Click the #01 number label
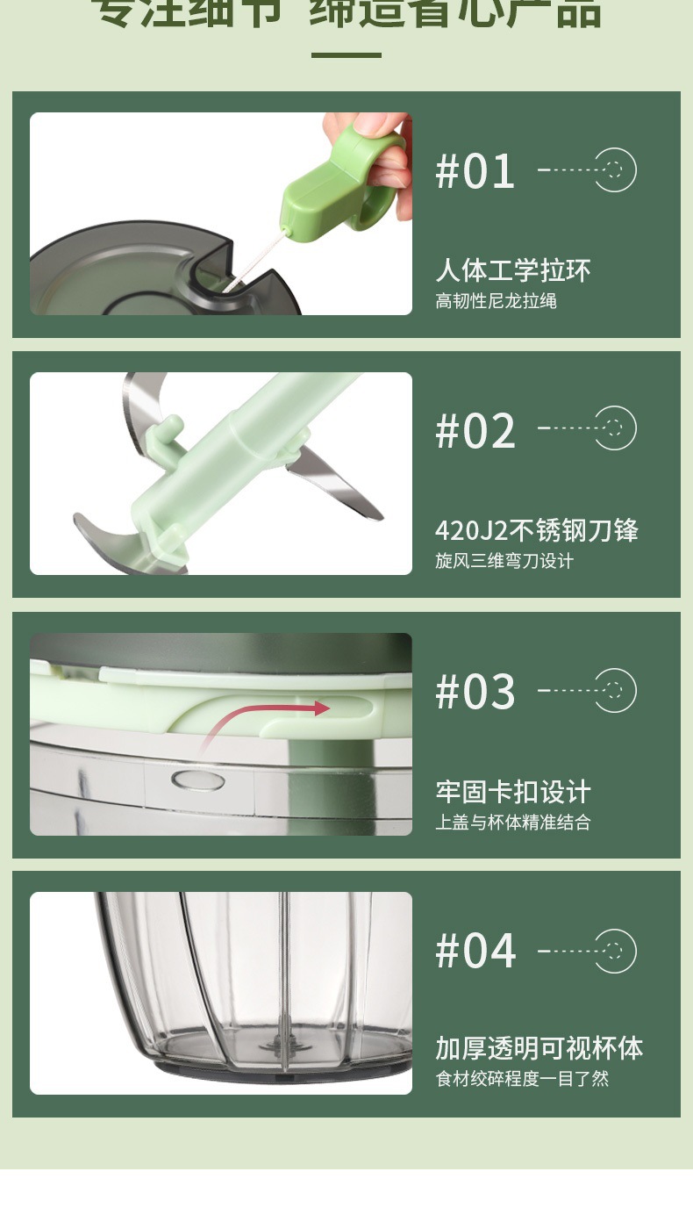tap(475, 171)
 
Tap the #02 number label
tap(475, 430)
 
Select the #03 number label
tap(475, 692)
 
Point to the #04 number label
tap(475, 951)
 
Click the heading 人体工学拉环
tap(513, 270)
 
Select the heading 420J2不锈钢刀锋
tap(536, 530)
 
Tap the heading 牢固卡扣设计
tap(513, 792)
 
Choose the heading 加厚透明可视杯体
tap(539, 1048)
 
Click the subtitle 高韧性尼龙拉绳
tap(496, 301)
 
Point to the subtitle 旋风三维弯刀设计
tap(504, 561)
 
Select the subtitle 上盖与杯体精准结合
tap(512, 823)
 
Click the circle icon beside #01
tap(615, 170)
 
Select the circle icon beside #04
tap(615, 951)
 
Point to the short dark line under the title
tap(346, 55)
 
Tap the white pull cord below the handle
tap(254, 259)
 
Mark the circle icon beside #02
tap(615, 428)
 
